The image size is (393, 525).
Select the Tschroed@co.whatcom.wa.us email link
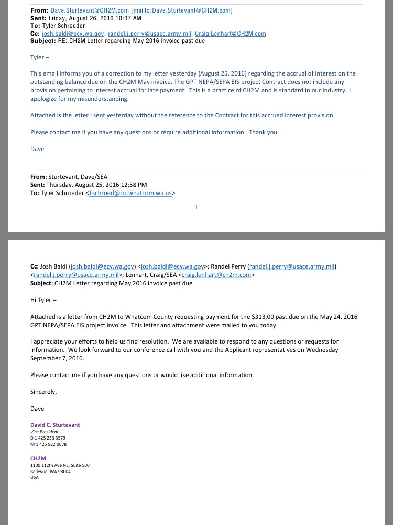tap(130, 193)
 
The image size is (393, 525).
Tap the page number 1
tap(196, 207)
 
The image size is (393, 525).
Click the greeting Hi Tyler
tap(42, 300)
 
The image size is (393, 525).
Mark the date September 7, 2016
tap(57, 358)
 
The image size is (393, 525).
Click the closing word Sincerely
tap(43, 392)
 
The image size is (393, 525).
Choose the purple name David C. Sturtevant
tap(55, 425)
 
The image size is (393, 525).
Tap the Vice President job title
tap(45, 432)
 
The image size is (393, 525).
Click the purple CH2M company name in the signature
tap(38, 458)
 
